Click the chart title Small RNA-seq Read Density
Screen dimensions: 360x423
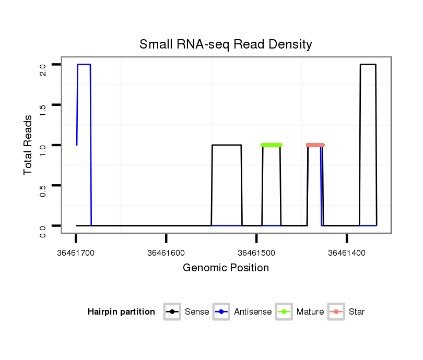[226, 44]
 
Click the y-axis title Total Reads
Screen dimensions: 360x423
[28, 145]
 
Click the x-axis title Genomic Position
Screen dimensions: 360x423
[226, 268]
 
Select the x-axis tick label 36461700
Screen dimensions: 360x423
[76, 253]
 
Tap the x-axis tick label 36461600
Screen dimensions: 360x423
[166, 253]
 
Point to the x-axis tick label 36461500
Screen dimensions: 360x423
[256, 253]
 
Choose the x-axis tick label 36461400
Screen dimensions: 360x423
[347, 253]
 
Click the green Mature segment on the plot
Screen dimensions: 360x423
[272, 145]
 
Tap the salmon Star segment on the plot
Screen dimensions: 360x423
[315, 145]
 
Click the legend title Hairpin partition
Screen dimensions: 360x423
[121, 312]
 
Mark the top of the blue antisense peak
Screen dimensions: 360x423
[84, 65]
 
